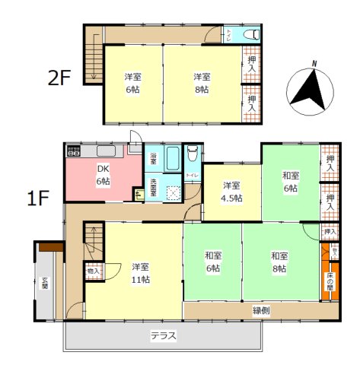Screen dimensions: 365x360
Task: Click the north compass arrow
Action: tap(311, 88)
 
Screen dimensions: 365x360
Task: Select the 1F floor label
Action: tap(39, 199)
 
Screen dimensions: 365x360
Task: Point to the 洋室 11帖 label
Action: tap(139, 274)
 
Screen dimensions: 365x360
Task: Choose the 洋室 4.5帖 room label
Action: tap(232, 192)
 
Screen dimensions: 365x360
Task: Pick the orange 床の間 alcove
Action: tap(330, 282)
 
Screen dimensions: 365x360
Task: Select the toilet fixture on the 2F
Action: tap(250, 34)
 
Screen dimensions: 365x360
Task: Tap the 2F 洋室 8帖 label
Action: tap(202, 83)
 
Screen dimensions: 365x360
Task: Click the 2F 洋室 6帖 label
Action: tap(132, 83)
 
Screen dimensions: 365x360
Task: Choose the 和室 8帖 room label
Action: tap(279, 262)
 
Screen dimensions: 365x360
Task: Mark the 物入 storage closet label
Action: tap(94, 270)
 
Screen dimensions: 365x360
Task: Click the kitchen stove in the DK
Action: tap(74, 151)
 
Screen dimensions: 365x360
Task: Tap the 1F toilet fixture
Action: tap(193, 157)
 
